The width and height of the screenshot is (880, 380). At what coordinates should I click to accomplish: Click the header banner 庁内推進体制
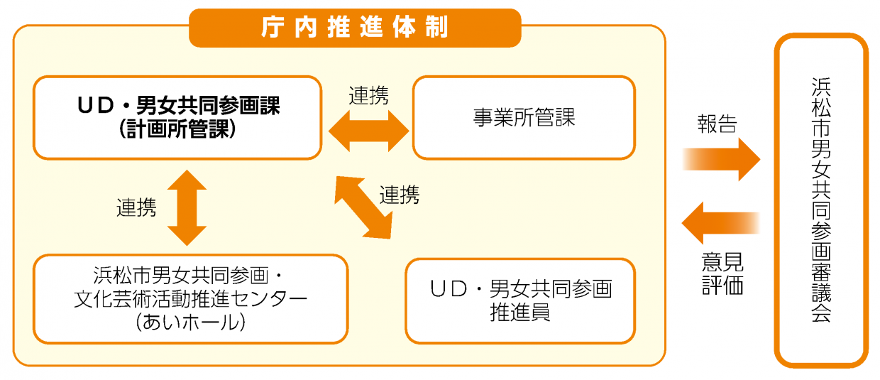355,28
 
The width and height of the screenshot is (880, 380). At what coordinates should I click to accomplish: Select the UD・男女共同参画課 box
177,117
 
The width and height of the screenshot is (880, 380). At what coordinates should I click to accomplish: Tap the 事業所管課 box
524,117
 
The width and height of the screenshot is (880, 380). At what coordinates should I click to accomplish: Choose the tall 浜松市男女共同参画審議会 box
821,200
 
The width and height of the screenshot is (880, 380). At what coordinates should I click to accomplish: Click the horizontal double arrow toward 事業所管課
368,131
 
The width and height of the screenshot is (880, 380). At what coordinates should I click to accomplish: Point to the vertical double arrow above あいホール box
187,207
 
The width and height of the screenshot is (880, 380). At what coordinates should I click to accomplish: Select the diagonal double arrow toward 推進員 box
363,207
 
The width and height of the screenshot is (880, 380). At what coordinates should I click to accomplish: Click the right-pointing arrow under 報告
720,159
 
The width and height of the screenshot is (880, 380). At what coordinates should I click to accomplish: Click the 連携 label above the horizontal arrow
368,96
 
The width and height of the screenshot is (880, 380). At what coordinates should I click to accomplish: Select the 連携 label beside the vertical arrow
136,207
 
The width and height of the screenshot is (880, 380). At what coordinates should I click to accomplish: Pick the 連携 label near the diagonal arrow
399,195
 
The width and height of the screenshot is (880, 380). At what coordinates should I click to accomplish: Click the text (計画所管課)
177,130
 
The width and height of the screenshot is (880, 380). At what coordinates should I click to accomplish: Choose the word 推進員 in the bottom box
519,313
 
